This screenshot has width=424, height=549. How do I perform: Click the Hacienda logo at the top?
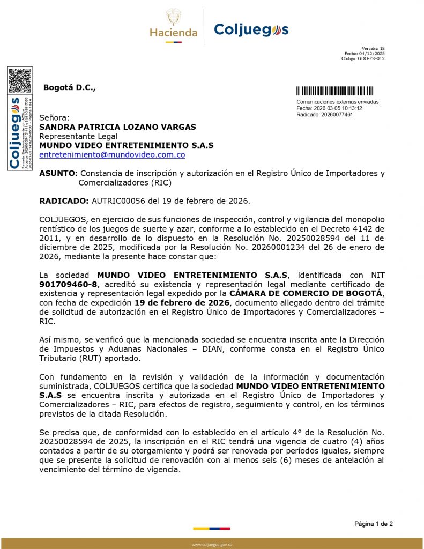[x=173, y=26]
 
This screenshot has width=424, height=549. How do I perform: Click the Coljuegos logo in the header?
[x=251, y=29]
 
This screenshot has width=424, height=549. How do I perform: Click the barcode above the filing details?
[x=335, y=91]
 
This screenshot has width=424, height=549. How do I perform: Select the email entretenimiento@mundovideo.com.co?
[x=112, y=154]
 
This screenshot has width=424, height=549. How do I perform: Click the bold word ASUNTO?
[x=58, y=173]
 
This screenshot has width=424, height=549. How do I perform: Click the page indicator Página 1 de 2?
[x=373, y=523]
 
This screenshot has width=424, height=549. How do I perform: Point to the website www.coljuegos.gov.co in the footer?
[x=212, y=545]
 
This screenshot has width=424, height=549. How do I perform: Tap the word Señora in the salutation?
[x=54, y=117]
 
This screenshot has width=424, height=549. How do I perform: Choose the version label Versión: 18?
[x=373, y=48]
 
